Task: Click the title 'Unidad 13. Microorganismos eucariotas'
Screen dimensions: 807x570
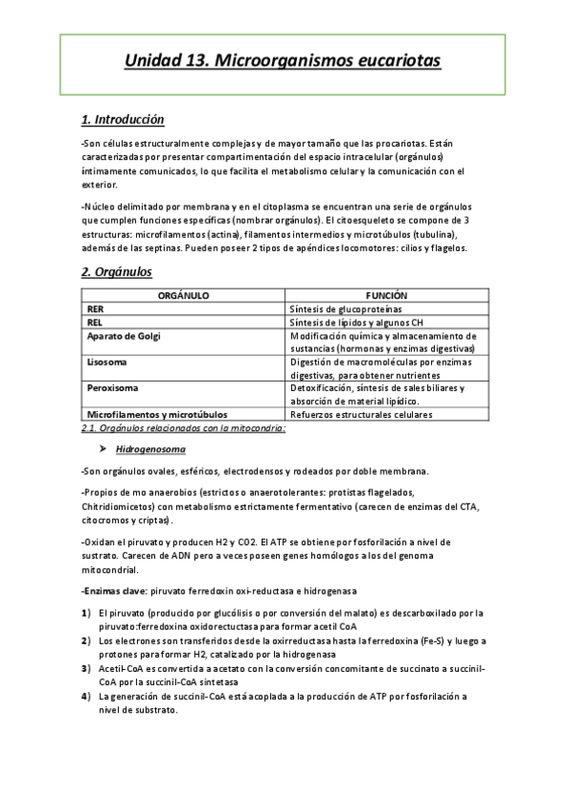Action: point(283,62)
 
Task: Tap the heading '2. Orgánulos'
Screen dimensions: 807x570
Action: point(116,272)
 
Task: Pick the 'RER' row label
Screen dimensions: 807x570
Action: point(96,309)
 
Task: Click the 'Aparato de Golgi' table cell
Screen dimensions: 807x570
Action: point(124,336)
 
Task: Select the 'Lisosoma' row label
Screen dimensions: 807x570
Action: point(108,363)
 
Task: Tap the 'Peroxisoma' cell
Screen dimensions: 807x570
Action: point(113,388)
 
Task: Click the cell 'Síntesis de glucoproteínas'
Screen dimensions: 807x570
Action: point(346,309)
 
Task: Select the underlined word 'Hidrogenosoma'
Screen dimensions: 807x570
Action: point(150,448)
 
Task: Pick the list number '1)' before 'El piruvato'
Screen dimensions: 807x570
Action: point(87,613)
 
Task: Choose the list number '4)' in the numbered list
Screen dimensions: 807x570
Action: point(87,697)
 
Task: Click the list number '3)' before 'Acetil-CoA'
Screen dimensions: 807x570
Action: point(87,669)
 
